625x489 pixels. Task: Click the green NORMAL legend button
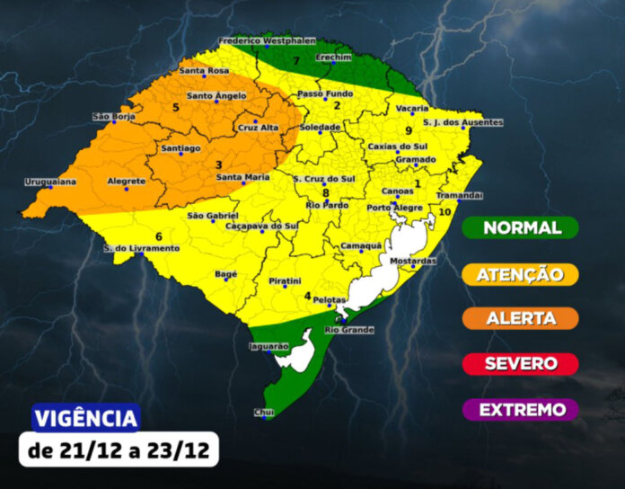521,228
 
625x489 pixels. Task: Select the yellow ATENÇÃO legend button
521,274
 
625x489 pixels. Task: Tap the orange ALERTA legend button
521,318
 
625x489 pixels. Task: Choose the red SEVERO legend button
521,364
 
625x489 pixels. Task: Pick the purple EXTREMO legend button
521,410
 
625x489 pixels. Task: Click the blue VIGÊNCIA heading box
86,418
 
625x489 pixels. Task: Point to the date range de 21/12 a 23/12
119,450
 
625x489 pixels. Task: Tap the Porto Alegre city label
393,208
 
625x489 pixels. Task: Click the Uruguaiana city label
50,182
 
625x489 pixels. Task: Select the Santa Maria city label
243,177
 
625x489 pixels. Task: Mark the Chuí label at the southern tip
263,412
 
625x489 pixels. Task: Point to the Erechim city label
333,56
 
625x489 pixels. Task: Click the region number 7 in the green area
296,60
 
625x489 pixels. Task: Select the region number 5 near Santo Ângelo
176,109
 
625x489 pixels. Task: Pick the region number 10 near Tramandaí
445,211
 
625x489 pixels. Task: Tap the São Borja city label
112,117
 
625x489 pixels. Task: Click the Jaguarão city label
268,345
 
